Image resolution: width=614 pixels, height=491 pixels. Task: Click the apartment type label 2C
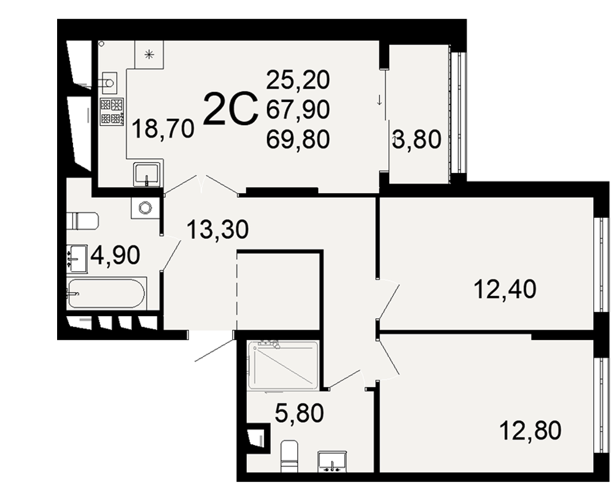click(x=231, y=109)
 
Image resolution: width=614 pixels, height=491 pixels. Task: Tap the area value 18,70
click(x=163, y=129)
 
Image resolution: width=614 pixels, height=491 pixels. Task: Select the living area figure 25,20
click(x=298, y=80)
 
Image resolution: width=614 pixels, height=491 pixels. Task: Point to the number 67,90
click(x=298, y=109)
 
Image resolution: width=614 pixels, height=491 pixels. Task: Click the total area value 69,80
click(x=298, y=139)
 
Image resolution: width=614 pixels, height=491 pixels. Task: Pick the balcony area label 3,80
click(x=417, y=139)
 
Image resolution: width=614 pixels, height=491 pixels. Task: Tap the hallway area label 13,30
click(x=217, y=229)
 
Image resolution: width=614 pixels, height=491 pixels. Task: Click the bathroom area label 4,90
click(x=115, y=255)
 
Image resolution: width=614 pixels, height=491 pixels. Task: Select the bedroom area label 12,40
click(x=505, y=289)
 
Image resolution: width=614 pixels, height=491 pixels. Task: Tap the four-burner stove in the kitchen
click(x=112, y=112)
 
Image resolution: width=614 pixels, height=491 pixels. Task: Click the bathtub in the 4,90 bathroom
click(x=106, y=293)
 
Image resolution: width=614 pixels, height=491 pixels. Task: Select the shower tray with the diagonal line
click(x=283, y=365)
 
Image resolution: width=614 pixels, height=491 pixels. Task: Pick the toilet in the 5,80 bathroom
click(x=289, y=456)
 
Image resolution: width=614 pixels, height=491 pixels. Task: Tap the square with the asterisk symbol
click(x=149, y=55)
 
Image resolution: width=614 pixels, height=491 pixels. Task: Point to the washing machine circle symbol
click(x=146, y=207)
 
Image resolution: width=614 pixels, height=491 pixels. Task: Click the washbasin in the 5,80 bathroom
click(x=332, y=462)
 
